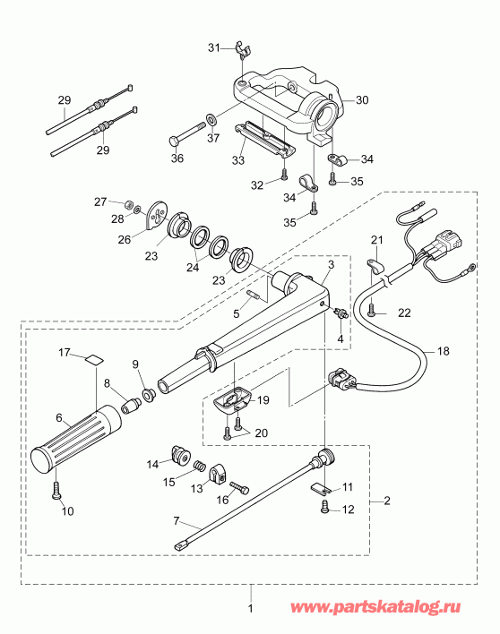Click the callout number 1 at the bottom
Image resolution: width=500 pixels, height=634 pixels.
pos(251,613)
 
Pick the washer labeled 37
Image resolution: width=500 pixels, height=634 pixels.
pos(210,117)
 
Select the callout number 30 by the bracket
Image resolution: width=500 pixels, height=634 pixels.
pos(361,101)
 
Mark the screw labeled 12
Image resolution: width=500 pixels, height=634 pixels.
pos(324,508)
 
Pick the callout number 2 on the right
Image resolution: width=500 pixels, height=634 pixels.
pos(387,499)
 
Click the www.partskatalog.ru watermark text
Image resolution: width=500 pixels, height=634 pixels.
pos(386,608)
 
